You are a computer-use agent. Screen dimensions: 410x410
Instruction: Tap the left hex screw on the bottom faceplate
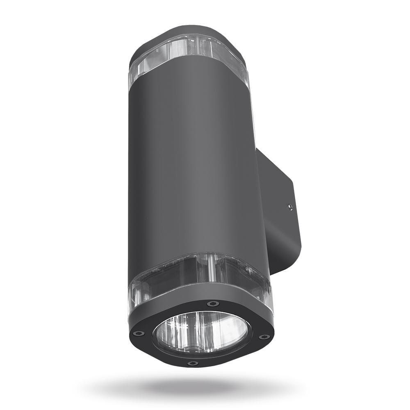click(x=138, y=333)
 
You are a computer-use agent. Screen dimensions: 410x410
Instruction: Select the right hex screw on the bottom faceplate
click(x=264, y=337)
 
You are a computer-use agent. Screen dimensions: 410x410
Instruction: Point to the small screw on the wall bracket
click(x=290, y=207)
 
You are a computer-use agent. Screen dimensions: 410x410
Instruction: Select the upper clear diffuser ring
click(x=189, y=57)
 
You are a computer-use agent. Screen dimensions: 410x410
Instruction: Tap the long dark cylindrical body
click(x=193, y=164)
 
